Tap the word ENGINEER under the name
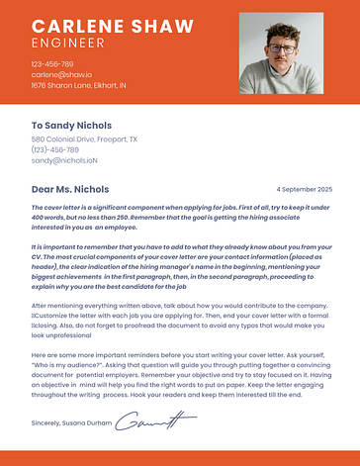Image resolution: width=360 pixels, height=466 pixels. tap(67, 44)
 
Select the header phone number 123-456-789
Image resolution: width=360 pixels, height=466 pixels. tap(52, 64)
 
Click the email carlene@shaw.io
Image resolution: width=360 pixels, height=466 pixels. tap(61, 75)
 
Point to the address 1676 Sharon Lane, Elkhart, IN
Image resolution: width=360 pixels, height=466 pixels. tap(78, 86)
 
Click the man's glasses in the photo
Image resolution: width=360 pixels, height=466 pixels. tap(282, 48)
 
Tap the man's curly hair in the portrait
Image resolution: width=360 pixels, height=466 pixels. tap(283, 34)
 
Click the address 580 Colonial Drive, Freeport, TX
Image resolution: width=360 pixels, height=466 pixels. tap(84, 140)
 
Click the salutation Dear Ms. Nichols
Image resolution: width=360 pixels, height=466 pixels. tap(70, 188)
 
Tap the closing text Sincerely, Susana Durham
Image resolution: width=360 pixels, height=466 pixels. tap(70, 423)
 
